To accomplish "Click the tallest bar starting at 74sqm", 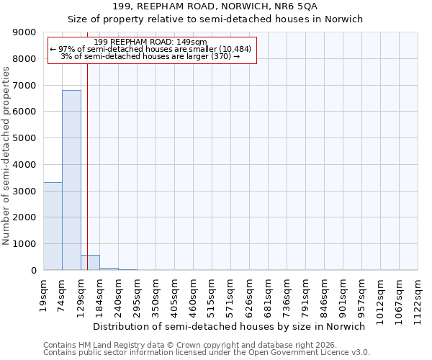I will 71,180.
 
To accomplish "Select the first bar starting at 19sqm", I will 53,226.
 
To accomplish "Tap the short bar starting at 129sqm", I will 90,263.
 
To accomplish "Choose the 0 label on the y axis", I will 33,270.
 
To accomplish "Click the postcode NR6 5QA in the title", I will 291,6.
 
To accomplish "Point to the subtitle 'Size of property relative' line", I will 215,19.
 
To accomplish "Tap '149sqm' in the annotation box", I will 193,42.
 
